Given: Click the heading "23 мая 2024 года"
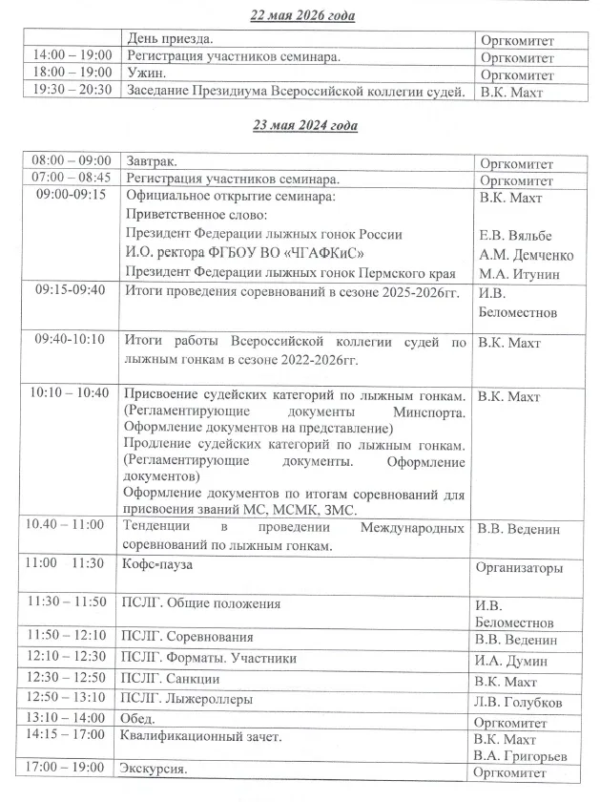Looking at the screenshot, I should pyautogui.click(x=301, y=125).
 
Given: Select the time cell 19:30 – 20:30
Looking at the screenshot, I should pyautogui.click(x=72, y=90).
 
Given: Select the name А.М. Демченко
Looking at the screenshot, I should pyautogui.click(x=525, y=255).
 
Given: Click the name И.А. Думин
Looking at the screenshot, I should pyautogui.click(x=510, y=659).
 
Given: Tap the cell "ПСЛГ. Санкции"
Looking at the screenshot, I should pyautogui.click(x=171, y=679).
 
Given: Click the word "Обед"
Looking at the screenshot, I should pyautogui.click(x=141, y=718).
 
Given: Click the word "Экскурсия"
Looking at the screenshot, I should pyautogui.click(x=154, y=769).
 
